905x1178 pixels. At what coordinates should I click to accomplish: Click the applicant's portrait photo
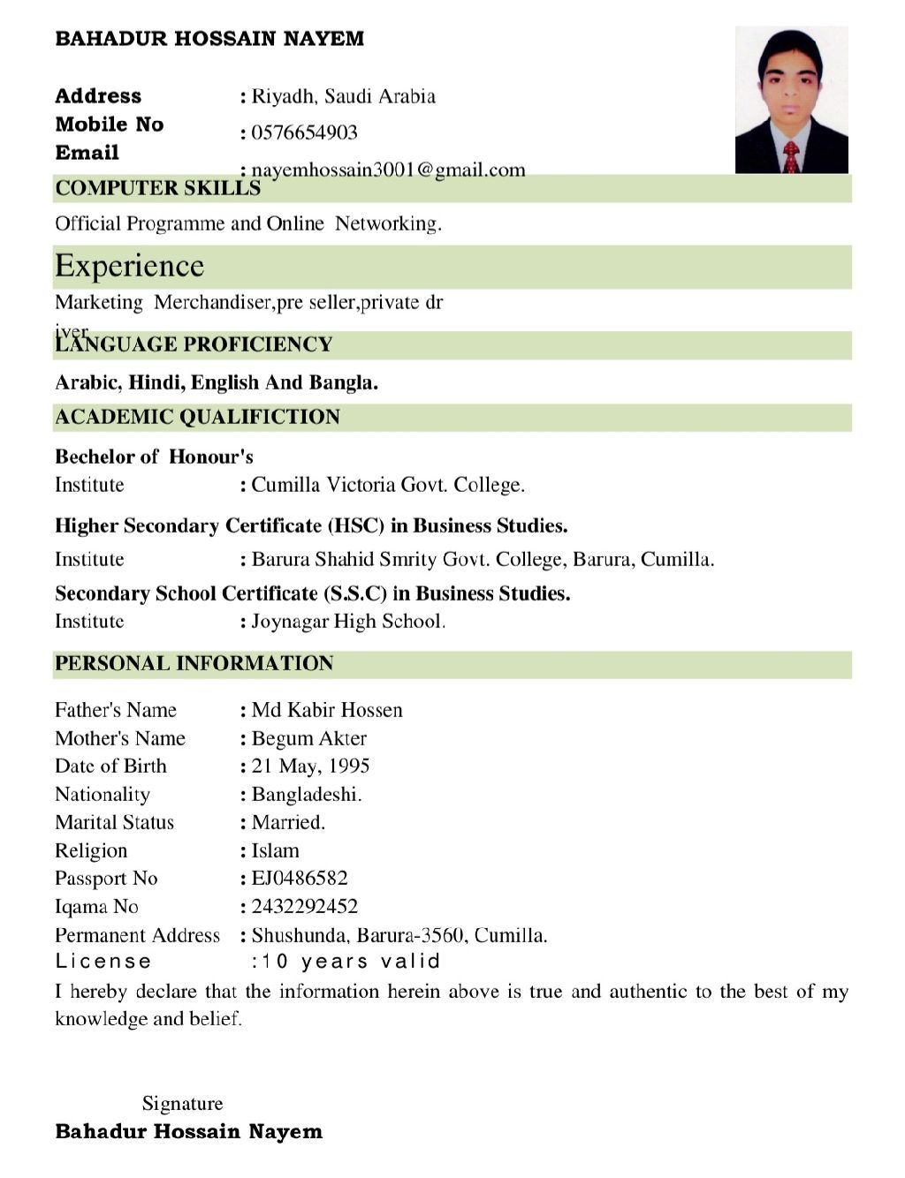coord(791,100)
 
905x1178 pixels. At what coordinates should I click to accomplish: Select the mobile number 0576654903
coord(304,132)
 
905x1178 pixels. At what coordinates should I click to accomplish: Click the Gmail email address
coord(388,170)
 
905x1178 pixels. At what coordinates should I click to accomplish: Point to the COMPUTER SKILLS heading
coord(157,188)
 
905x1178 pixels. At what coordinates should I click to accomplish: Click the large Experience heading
coord(129,266)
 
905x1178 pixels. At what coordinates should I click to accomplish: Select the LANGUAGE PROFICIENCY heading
coord(194,344)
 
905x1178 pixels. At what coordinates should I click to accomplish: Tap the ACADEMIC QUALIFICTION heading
coord(197,417)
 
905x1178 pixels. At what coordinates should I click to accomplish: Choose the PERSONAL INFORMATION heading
coord(194,663)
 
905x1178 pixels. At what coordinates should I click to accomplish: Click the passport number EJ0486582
coord(300,878)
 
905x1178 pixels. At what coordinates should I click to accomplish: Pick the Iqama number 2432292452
coord(304,906)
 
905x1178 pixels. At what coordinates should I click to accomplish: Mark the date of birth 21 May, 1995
coord(310,766)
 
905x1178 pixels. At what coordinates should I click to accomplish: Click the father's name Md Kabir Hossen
coord(327,710)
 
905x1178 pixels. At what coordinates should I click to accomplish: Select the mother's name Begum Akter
coord(308,738)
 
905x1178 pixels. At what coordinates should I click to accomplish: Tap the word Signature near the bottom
coord(182,1103)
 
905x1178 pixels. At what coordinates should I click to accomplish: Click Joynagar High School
coord(348,622)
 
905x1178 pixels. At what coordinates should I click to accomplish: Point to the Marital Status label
coord(114,822)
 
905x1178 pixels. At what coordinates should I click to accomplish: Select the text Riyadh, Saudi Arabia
coord(343,96)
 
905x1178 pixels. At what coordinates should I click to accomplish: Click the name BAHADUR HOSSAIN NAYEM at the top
coord(209,39)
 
